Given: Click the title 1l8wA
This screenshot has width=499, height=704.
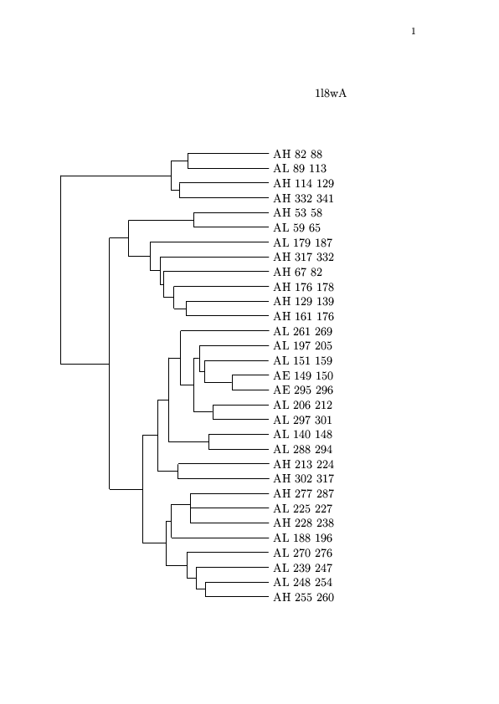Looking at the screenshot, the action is [x=331, y=94].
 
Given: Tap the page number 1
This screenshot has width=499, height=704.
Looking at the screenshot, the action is [x=413, y=32].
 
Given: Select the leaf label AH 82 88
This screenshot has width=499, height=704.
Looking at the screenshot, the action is [x=297, y=154].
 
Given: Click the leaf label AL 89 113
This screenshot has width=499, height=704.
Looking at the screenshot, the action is [x=300, y=168].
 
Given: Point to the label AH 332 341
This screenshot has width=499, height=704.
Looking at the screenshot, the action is [x=303, y=198].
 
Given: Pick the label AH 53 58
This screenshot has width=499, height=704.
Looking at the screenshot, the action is [x=297, y=213].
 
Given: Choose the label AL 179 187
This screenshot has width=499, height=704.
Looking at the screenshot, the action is [x=302, y=243].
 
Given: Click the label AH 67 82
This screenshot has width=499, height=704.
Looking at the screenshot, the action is [x=297, y=272].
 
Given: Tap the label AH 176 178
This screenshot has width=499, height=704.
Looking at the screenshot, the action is [x=303, y=287].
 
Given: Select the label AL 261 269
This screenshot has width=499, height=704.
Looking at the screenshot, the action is [x=302, y=331].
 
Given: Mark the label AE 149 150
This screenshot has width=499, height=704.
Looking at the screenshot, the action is [x=303, y=375].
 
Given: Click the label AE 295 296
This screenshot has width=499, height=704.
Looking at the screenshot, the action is [x=303, y=390].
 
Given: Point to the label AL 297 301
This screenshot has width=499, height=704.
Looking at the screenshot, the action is [x=302, y=420].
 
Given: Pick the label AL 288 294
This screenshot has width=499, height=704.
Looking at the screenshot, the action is [x=302, y=449].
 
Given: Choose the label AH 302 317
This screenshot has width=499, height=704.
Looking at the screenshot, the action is [x=303, y=478].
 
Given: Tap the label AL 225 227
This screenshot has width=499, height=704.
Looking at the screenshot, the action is [x=302, y=508].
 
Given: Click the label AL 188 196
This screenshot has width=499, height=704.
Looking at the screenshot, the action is [x=302, y=538].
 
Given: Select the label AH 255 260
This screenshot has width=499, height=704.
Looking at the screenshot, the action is [x=303, y=597].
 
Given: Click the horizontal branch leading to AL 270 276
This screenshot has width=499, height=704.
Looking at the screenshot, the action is [x=228, y=552].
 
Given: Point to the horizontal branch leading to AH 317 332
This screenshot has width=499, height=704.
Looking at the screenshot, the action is [x=214, y=258].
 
